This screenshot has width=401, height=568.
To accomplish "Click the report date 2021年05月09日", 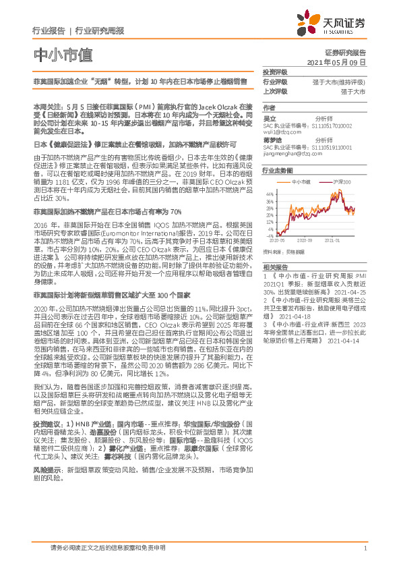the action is click(x=341, y=61).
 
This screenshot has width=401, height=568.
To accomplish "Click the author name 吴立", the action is click(x=269, y=119).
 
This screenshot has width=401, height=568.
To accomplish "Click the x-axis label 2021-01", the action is click(x=333, y=239).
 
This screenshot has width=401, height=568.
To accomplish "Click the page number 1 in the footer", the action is click(x=365, y=549).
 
